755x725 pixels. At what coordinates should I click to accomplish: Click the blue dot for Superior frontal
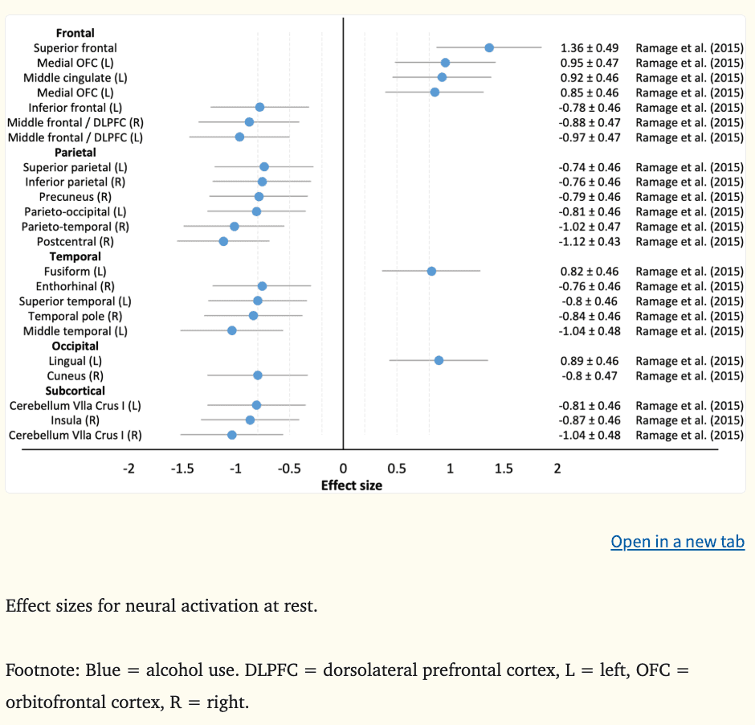click(x=489, y=48)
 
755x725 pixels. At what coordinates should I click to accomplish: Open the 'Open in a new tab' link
click(x=677, y=542)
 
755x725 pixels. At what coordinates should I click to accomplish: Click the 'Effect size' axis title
click(x=352, y=485)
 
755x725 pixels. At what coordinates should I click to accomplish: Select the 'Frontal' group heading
click(x=75, y=33)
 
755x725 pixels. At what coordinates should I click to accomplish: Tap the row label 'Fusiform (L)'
click(x=75, y=272)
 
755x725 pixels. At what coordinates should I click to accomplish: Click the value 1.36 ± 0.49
click(x=589, y=48)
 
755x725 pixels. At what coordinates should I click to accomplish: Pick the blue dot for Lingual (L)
click(x=439, y=360)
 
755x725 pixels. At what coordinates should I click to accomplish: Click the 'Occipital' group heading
click(x=75, y=346)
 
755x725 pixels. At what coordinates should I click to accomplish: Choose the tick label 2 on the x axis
click(x=557, y=469)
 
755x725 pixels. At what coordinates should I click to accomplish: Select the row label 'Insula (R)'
click(x=75, y=420)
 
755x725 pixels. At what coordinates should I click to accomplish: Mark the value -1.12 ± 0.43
click(x=589, y=242)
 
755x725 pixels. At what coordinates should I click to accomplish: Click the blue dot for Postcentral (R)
click(x=223, y=241)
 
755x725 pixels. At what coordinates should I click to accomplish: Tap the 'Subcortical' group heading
click(x=75, y=391)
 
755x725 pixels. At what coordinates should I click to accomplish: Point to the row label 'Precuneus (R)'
click(x=75, y=197)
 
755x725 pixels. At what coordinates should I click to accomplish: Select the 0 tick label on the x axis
click(x=343, y=469)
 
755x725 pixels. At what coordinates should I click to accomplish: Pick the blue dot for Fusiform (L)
click(x=431, y=271)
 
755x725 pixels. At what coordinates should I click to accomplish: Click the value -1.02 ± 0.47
click(x=589, y=227)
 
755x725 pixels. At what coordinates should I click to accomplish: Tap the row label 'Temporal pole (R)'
click(x=75, y=316)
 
